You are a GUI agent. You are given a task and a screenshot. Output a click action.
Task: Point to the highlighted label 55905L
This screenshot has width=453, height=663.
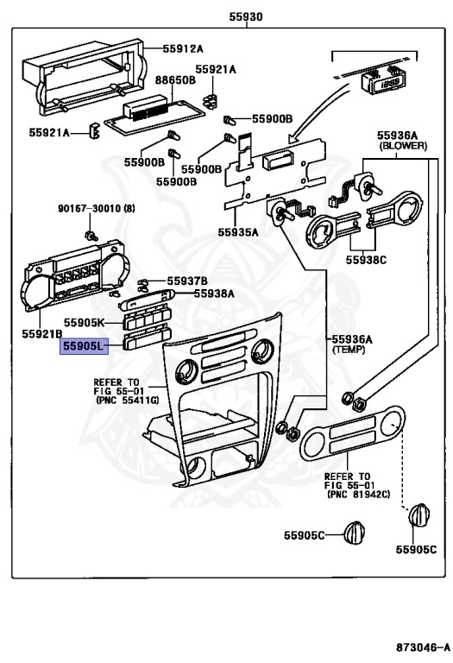click(x=82, y=346)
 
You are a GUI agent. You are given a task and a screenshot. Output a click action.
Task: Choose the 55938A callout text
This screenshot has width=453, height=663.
click(x=213, y=294)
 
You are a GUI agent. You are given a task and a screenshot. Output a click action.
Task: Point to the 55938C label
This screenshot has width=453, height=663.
click(x=368, y=257)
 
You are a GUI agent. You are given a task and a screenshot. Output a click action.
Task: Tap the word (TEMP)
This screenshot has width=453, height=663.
click(x=349, y=351)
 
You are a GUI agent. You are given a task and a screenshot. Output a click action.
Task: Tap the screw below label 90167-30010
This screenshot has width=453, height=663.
click(x=89, y=236)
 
